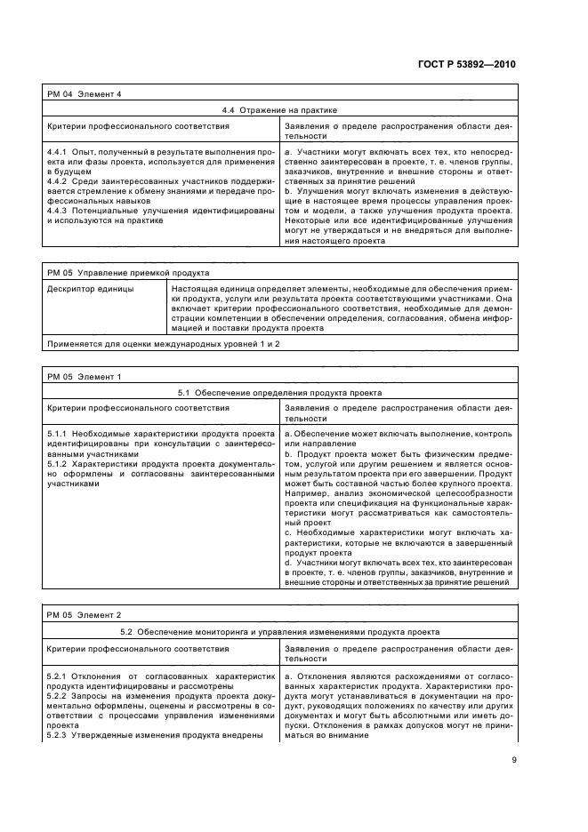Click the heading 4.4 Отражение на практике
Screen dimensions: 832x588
pyautogui.click(x=278, y=110)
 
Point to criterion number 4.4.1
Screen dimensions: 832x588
pyautogui.click(x=58, y=154)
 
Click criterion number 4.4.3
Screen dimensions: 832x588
pyautogui.click(x=58, y=211)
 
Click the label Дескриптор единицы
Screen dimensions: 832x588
pyautogui.click(x=89, y=289)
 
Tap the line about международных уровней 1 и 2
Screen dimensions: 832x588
pyautogui.click(x=150, y=343)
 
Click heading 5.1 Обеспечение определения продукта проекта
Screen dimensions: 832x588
pyautogui.click(x=278, y=392)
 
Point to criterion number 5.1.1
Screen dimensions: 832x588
pyautogui.click(x=58, y=433)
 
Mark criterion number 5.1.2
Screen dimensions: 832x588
pyautogui.click(x=58, y=463)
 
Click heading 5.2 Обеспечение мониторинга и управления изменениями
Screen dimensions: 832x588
pyautogui.click(x=278, y=631)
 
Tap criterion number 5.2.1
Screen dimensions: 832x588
pyautogui.click(x=58, y=677)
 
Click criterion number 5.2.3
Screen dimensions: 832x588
pyautogui.click(x=58, y=734)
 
